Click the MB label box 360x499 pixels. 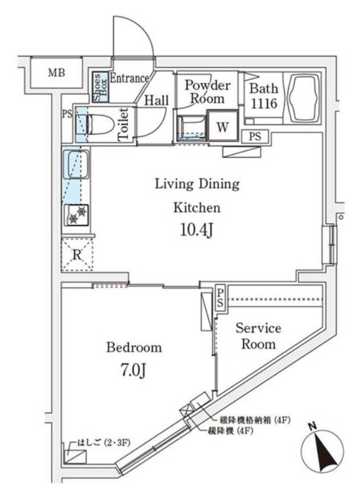pyautogui.click(x=57, y=73)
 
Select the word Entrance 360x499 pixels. pyautogui.click(x=129, y=78)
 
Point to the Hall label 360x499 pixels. pyautogui.click(x=156, y=101)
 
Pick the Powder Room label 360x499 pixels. pyautogui.click(x=204, y=92)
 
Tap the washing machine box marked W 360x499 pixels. pyautogui.click(x=222, y=126)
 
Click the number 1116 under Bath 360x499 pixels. pyautogui.click(x=263, y=103)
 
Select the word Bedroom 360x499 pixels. pyautogui.click(x=134, y=347)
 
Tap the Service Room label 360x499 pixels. pyautogui.click(x=258, y=336)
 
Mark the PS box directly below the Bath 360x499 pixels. pyautogui.click(x=255, y=136)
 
